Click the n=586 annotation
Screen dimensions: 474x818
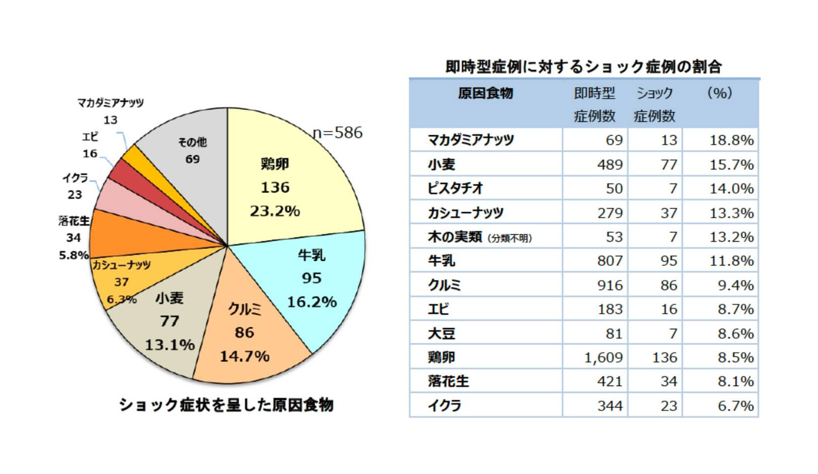point(337,133)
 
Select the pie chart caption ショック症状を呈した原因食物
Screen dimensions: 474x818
point(226,405)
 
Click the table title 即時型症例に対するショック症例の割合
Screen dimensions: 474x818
point(583,66)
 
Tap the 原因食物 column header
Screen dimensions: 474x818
point(485,93)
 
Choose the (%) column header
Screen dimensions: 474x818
point(720,93)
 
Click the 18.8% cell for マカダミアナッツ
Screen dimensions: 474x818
point(731,140)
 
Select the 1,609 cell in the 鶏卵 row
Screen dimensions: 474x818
point(603,357)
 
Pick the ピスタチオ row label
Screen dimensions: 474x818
point(455,188)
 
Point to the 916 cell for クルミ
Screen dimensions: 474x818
point(609,285)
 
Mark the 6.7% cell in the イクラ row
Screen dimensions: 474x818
point(735,406)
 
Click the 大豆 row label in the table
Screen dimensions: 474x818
point(441,333)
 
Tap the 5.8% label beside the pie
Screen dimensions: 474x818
point(73,255)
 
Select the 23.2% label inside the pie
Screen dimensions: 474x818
point(275,211)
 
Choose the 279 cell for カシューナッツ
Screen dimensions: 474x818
point(609,213)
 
